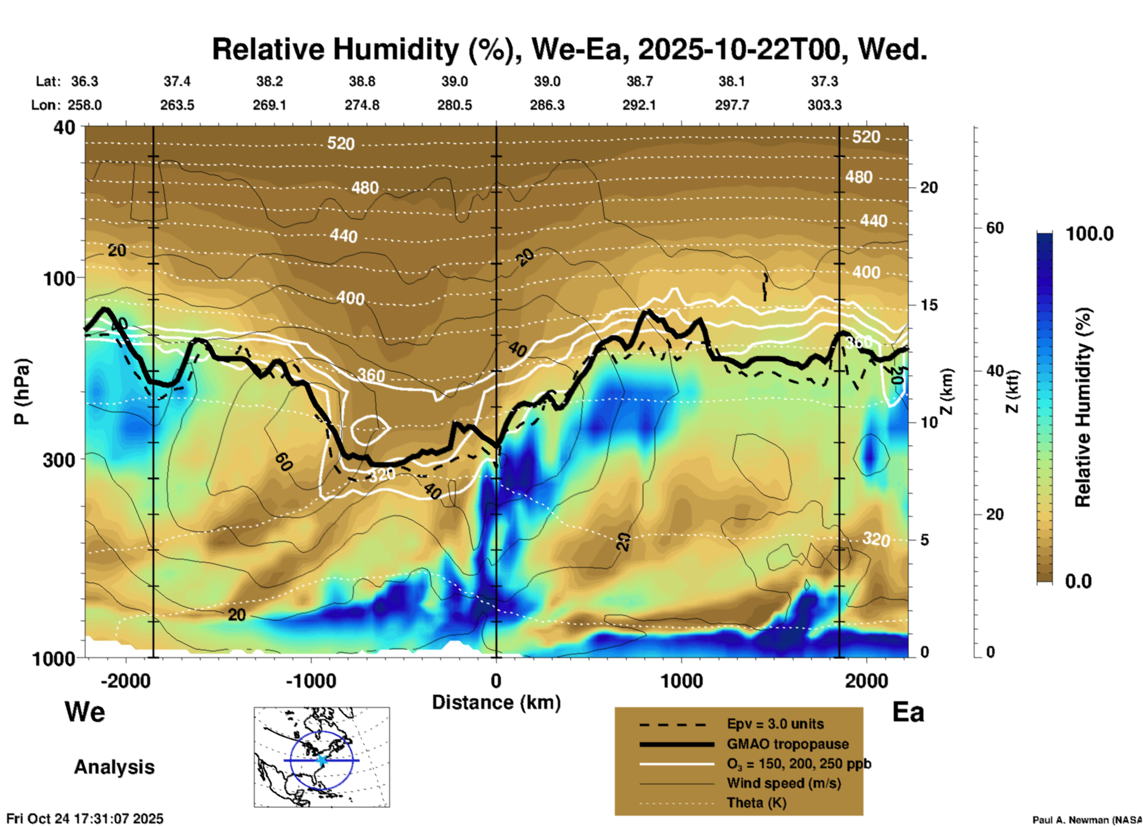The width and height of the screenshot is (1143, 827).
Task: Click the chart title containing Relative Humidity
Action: point(569,49)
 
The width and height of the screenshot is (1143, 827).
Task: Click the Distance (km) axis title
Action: point(496,702)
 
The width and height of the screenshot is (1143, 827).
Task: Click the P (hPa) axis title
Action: point(22,392)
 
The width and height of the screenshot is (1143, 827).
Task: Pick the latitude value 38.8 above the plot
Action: point(361,81)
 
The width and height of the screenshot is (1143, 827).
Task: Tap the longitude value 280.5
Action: point(455,105)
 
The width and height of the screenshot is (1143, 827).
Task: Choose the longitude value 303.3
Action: point(824,105)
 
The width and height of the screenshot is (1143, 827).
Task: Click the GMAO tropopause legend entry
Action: point(788,744)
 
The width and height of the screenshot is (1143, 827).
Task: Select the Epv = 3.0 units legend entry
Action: point(775,724)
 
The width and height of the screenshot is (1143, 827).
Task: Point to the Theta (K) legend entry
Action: point(756,803)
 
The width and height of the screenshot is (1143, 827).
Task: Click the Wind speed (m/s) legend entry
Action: point(783,784)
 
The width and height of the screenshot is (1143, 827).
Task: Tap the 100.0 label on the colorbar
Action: point(1090,234)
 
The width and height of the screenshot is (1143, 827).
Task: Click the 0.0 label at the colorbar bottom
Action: point(1078,581)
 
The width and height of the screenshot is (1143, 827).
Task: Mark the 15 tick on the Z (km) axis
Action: point(928,305)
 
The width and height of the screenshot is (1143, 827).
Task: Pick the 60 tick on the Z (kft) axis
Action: point(995,228)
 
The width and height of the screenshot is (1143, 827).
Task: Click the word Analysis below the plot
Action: point(114,767)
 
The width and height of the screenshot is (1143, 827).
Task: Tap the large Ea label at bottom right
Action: point(908,713)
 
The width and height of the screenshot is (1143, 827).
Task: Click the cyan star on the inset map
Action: point(322,760)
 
